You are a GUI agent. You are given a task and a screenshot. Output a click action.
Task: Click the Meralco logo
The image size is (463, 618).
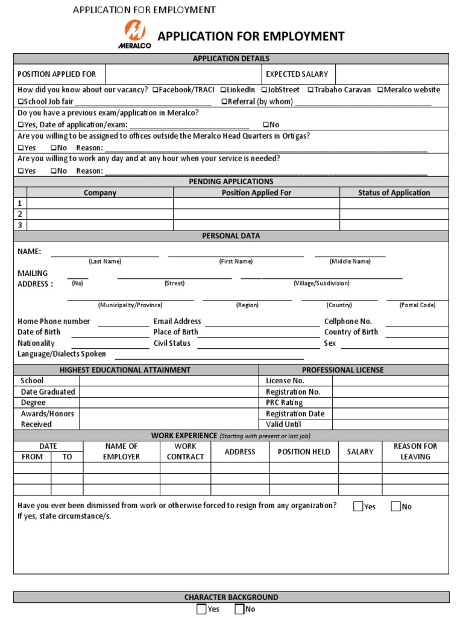pyautogui.click(x=134, y=33)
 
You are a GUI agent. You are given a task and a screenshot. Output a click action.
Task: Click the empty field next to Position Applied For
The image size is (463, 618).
pyautogui.click(x=183, y=74)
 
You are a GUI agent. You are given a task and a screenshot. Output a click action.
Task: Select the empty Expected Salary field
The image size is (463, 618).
pyautogui.click(x=392, y=74)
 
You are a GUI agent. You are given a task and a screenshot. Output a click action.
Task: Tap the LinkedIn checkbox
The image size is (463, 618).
pyautogui.click(x=223, y=90)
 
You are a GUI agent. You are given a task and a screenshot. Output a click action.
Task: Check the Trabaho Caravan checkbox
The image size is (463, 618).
pyautogui.click(x=310, y=90)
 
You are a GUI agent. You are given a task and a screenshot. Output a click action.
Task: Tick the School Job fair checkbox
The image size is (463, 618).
pyautogui.click(x=20, y=101)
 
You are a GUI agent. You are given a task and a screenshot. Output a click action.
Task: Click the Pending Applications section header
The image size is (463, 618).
pyautogui.click(x=231, y=181)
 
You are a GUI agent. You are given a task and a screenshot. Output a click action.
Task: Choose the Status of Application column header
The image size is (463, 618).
pyautogui.click(x=394, y=193)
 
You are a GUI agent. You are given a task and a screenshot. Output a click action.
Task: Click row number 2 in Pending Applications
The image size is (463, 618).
pyautogui.click(x=20, y=214)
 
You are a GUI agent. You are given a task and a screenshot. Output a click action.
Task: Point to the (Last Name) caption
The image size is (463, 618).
pyautogui.click(x=105, y=261)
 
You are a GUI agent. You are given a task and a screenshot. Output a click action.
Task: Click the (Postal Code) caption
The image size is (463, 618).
pyautogui.click(x=417, y=305)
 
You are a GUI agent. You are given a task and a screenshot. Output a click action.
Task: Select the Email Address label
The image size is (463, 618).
pyautogui.click(x=177, y=322)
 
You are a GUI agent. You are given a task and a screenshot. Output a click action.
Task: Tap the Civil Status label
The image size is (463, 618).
pyautogui.click(x=172, y=343)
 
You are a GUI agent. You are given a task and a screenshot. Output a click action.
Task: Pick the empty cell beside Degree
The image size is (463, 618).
pyautogui.click(x=169, y=403)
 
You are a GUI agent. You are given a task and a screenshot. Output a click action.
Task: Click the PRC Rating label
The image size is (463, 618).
pyautogui.click(x=284, y=403)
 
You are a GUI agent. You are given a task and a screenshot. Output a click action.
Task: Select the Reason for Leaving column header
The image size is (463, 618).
pyautogui.click(x=415, y=451)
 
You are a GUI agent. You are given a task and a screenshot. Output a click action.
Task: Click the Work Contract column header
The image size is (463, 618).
pyautogui.click(x=185, y=451)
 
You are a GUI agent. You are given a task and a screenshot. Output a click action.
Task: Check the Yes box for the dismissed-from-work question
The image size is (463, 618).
pyautogui.click(x=358, y=506)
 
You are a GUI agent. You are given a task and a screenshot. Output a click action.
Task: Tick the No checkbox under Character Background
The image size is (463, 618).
pyautogui.click(x=239, y=609)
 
